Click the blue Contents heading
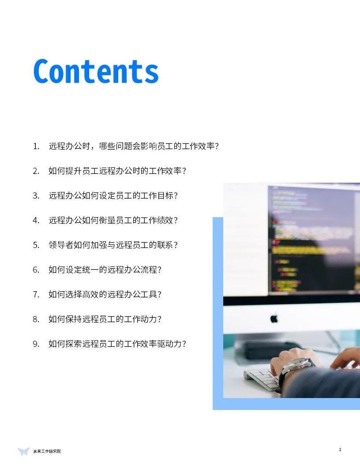click(x=96, y=71)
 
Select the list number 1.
click(x=36, y=146)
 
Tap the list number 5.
click(x=36, y=245)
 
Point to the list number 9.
click(x=36, y=344)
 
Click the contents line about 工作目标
click(x=113, y=195)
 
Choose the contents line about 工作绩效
click(x=113, y=220)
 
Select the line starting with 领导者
click(x=113, y=245)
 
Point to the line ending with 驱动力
click(x=117, y=344)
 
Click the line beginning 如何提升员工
click(x=117, y=171)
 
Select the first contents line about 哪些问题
click(x=134, y=146)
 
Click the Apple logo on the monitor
click(x=274, y=318)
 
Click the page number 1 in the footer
click(x=340, y=450)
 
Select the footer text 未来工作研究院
click(x=47, y=451)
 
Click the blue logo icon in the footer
click(x=23, y=451)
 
